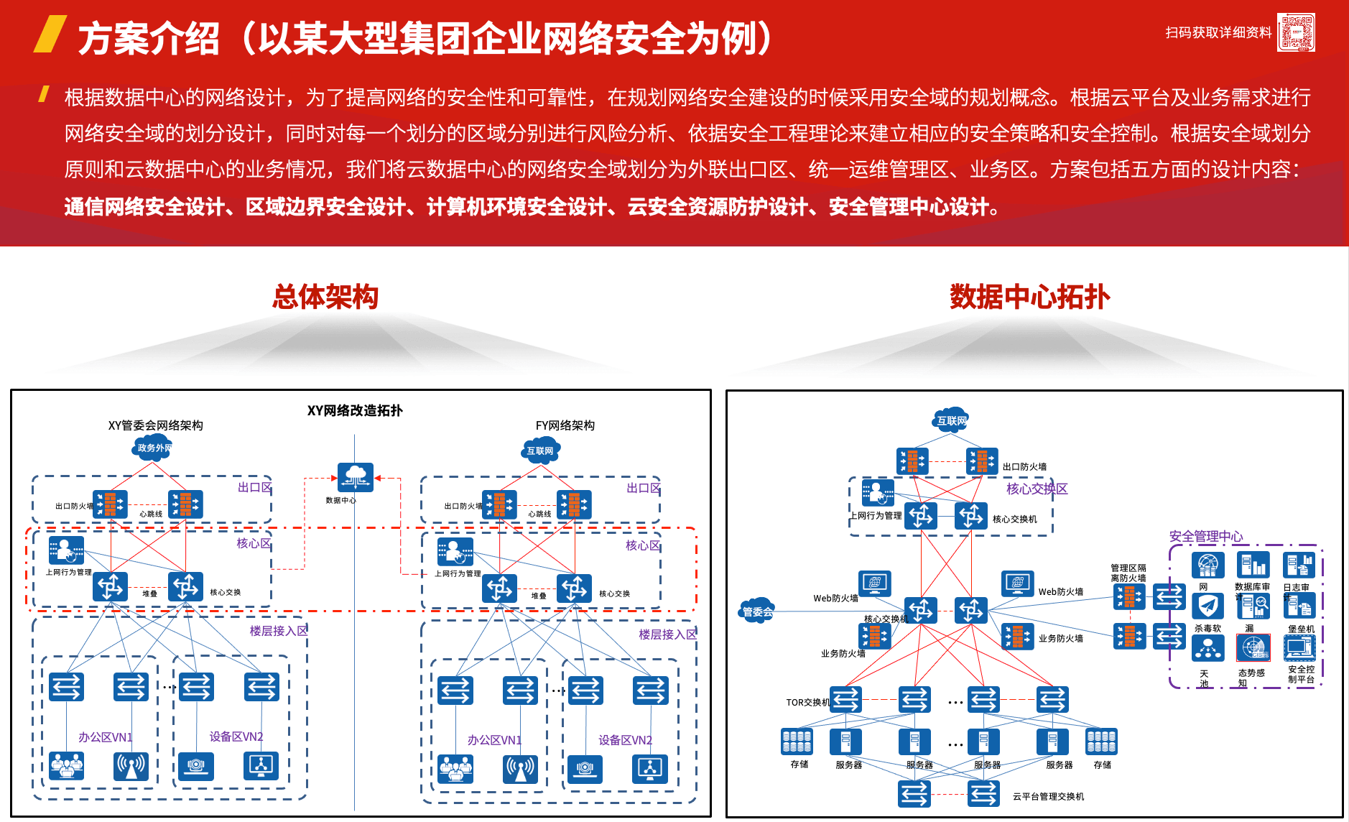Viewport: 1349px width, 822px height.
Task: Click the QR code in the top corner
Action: (x=1296, y=32)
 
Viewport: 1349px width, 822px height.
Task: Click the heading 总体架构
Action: (x=325, y=297)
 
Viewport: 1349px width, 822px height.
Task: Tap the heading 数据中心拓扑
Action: (x=1029, y=297)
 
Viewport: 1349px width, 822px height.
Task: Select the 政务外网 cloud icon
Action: (x=154, y=448)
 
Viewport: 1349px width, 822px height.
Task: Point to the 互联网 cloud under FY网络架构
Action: (x=541, y=451)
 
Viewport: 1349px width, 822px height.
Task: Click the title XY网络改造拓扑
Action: (x=355, y=410)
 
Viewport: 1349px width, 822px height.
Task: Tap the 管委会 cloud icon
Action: (x=757, y=611)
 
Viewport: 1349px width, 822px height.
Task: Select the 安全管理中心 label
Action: (x=1205, y=536)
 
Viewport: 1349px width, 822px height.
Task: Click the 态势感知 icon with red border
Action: (x=1253, y=648)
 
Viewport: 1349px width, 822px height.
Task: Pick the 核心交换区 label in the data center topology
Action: (x=1037, y=489)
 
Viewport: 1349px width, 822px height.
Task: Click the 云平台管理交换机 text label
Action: (x=1048, y=796)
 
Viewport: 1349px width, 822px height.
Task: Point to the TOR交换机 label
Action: (x=807, y=702)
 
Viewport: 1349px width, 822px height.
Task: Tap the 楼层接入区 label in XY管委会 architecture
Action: (x=278, y=631)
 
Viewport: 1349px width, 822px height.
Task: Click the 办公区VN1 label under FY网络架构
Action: (x=494, y=740)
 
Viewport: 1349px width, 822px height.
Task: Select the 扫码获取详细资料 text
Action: (x=1218, y=32)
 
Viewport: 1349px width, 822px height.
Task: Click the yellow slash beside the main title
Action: (x=50, y=34)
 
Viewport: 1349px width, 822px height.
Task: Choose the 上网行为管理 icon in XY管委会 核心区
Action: (x=67, y=550)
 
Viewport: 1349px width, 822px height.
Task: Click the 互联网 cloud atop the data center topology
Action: (x=952, y=421)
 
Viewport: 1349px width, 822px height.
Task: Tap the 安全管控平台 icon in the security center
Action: (x=1300, y=648)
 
